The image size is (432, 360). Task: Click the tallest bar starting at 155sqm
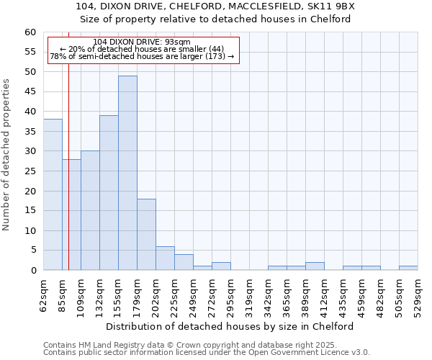point(127,173)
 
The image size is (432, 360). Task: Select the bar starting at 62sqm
point(53,194)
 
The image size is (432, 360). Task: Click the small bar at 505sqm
point(408,268)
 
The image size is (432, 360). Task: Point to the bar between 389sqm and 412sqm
point(315,266)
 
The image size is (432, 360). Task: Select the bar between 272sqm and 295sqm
point(221,266)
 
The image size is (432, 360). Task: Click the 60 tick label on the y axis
point(30,32)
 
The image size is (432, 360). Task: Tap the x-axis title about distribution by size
point(234,326)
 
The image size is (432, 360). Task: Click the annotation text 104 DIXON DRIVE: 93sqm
point(142,42)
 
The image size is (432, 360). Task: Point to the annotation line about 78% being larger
point(142,56)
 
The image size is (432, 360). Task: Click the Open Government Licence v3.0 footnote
point(207,353)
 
